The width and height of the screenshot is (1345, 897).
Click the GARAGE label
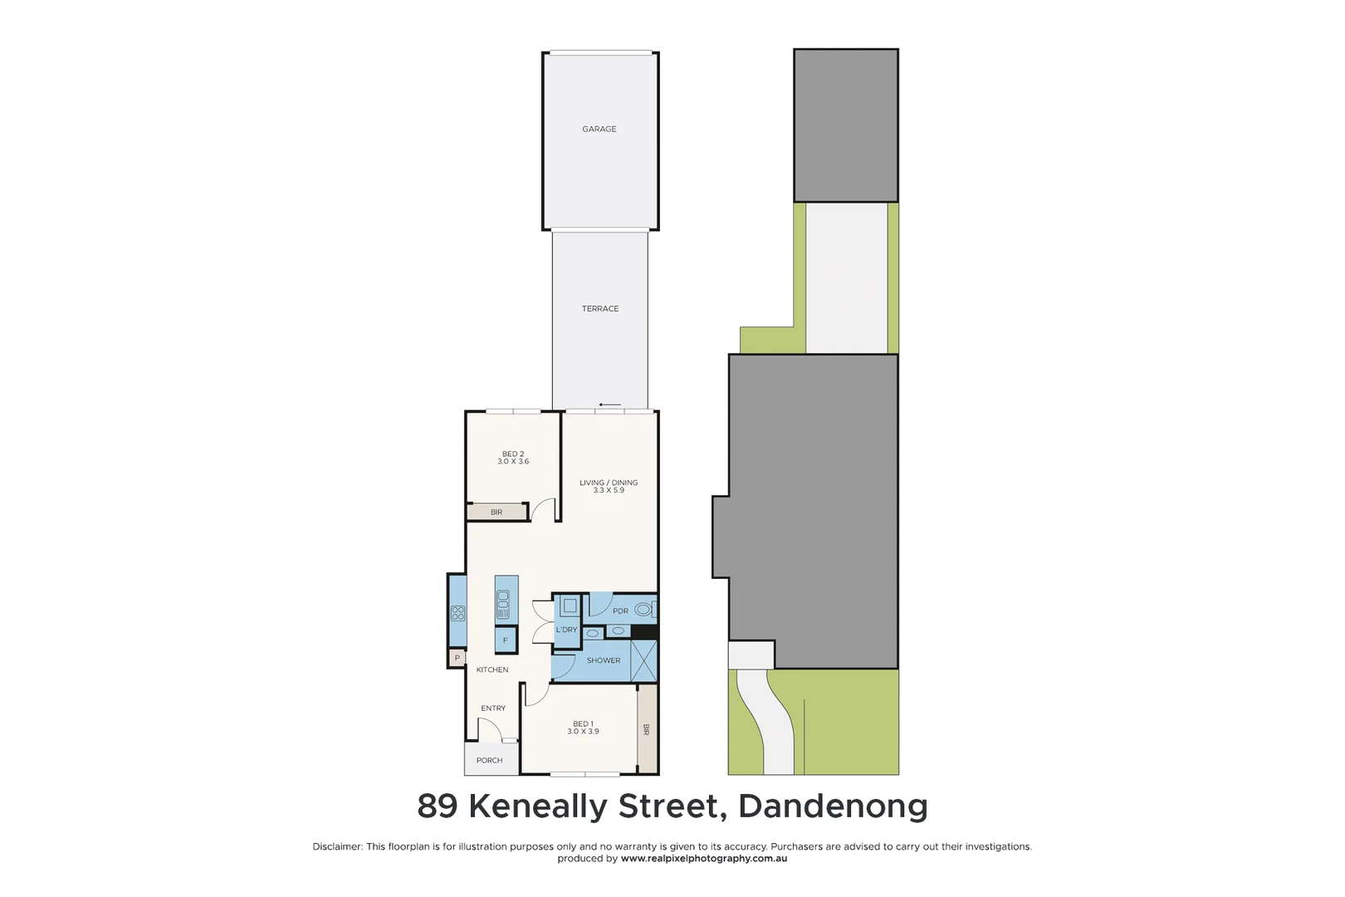(x=599, y=130)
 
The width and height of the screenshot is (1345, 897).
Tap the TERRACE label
(x=599, y=309)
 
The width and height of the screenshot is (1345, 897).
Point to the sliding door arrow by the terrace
(x=609, y=405)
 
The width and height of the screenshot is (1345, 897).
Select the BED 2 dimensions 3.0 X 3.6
(x=513, y=462)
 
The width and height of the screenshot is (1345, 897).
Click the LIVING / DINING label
(x=609, y=483)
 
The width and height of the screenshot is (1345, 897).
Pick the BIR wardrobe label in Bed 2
(x=496, y=512)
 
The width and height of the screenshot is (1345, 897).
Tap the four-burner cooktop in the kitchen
(x=457, y=614)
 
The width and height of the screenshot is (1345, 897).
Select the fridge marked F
(x=505, y=640)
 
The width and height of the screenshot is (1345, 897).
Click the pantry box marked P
(x=457, y=659)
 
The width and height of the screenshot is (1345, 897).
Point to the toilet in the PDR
(x=643, y=610)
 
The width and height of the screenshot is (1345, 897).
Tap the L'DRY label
(x=566, y=630)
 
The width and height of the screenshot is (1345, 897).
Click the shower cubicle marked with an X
(x=643, y=661)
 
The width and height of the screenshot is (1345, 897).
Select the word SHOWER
(x=604, y=661)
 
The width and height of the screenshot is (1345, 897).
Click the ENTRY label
(x=493, y=708)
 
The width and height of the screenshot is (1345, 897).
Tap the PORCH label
(x=489, y=761)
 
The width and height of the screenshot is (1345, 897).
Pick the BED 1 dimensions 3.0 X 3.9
(x=583, y=732)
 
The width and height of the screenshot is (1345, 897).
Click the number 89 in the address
(x=438, y=806)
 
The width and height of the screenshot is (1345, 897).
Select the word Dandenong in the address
(x=833, y=806)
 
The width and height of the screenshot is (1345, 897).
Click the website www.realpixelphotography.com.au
(x=703, y=859)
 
